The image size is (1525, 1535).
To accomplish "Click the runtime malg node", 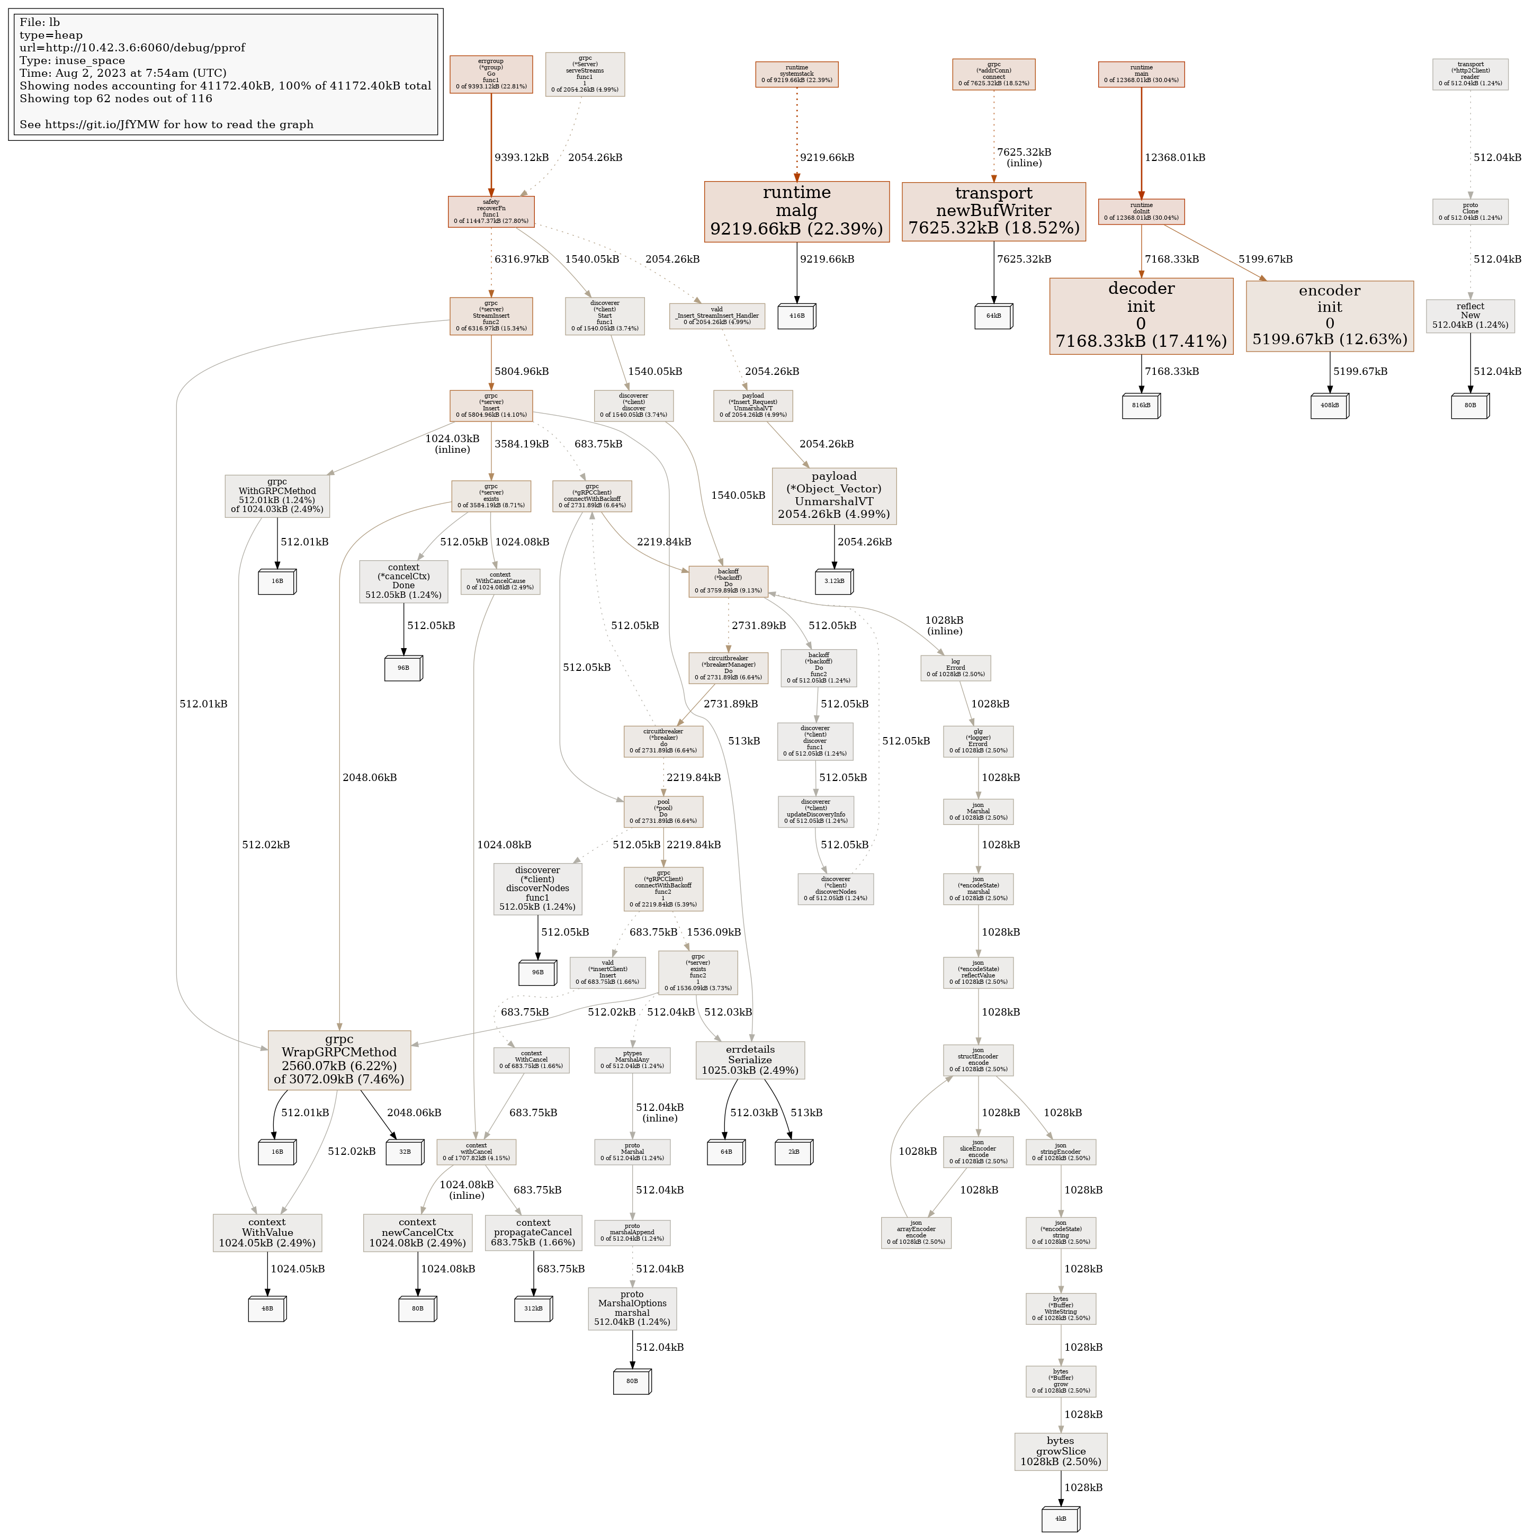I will click(x=796, y=211).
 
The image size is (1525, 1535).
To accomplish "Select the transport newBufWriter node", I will click(x=993, y=211).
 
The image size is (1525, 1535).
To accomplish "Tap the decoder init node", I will click(x=1141, y=316).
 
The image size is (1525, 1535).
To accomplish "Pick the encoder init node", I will click(x=1330, y=316).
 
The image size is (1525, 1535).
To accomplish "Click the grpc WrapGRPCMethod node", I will click(x=339, y=1060).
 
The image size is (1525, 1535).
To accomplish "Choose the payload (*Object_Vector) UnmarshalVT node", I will click(x=833, y=496).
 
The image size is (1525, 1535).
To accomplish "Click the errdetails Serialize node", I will click(x=749, y=1060).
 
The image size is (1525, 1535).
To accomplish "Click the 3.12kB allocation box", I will click(x=833, y=581).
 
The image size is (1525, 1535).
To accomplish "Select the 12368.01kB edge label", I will click(x=1174, y=157).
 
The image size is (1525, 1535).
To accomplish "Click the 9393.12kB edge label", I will click(x=522, y=157).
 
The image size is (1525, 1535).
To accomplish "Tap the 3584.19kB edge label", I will click(x=522, y=444).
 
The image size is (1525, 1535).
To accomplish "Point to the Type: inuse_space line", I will click(x=73, y=60).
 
